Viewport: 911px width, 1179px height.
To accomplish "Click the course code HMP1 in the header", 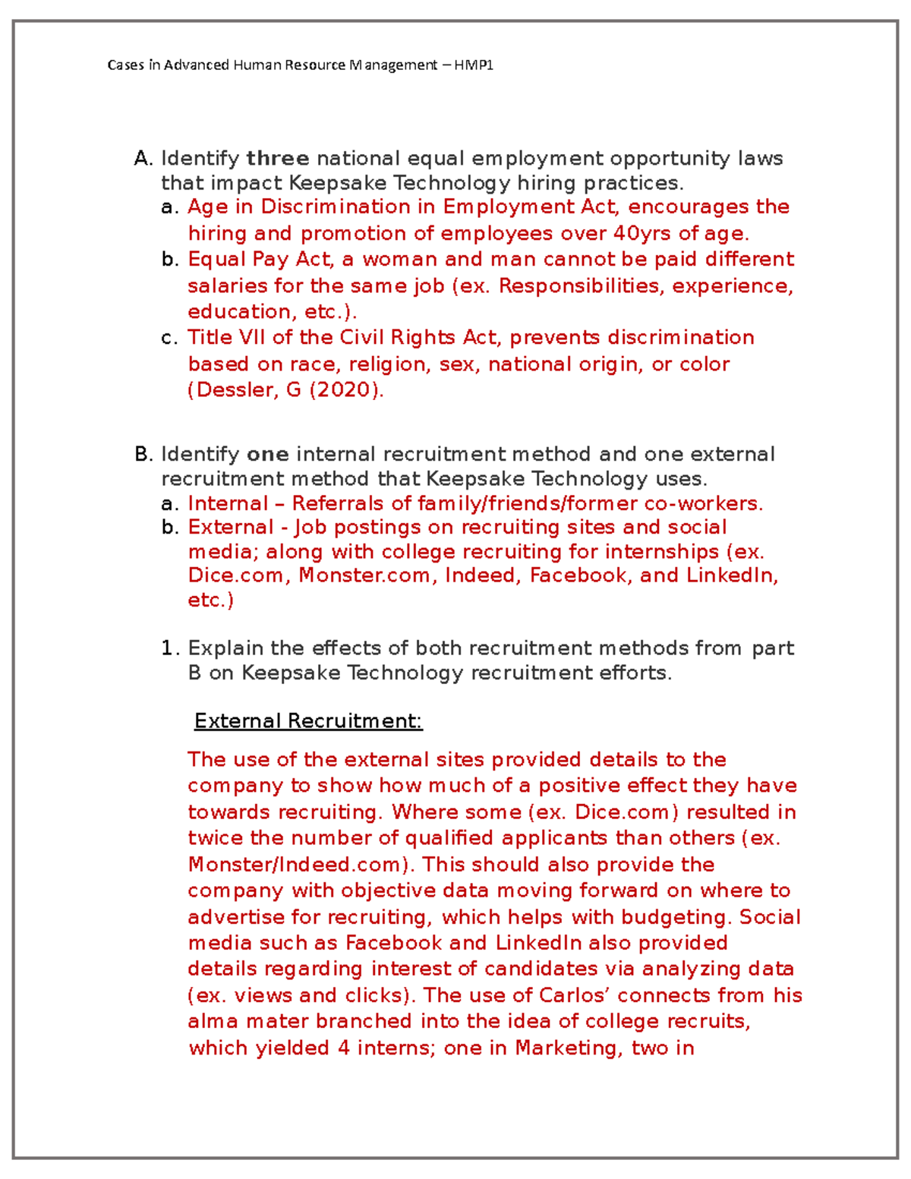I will tap(474, 65).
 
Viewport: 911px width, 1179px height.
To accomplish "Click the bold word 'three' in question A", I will tap(277, 159).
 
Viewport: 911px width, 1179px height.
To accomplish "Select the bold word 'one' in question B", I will tap(267, 454).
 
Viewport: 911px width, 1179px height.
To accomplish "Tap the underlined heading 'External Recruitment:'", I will tap(307, 720).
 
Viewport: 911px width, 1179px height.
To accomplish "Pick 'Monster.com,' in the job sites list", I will tap(367, 575).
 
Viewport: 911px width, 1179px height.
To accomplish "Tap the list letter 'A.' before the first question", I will tap(143, 159).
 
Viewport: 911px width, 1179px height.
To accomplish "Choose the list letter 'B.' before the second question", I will tap(143, 454).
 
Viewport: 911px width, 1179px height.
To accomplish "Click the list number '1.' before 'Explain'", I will tap(170, 648).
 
